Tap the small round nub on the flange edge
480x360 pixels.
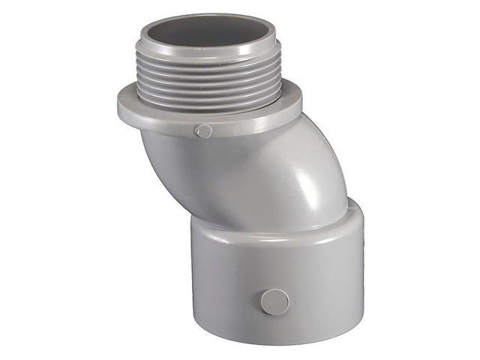[203, 131]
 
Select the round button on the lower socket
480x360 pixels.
[274, 301]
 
